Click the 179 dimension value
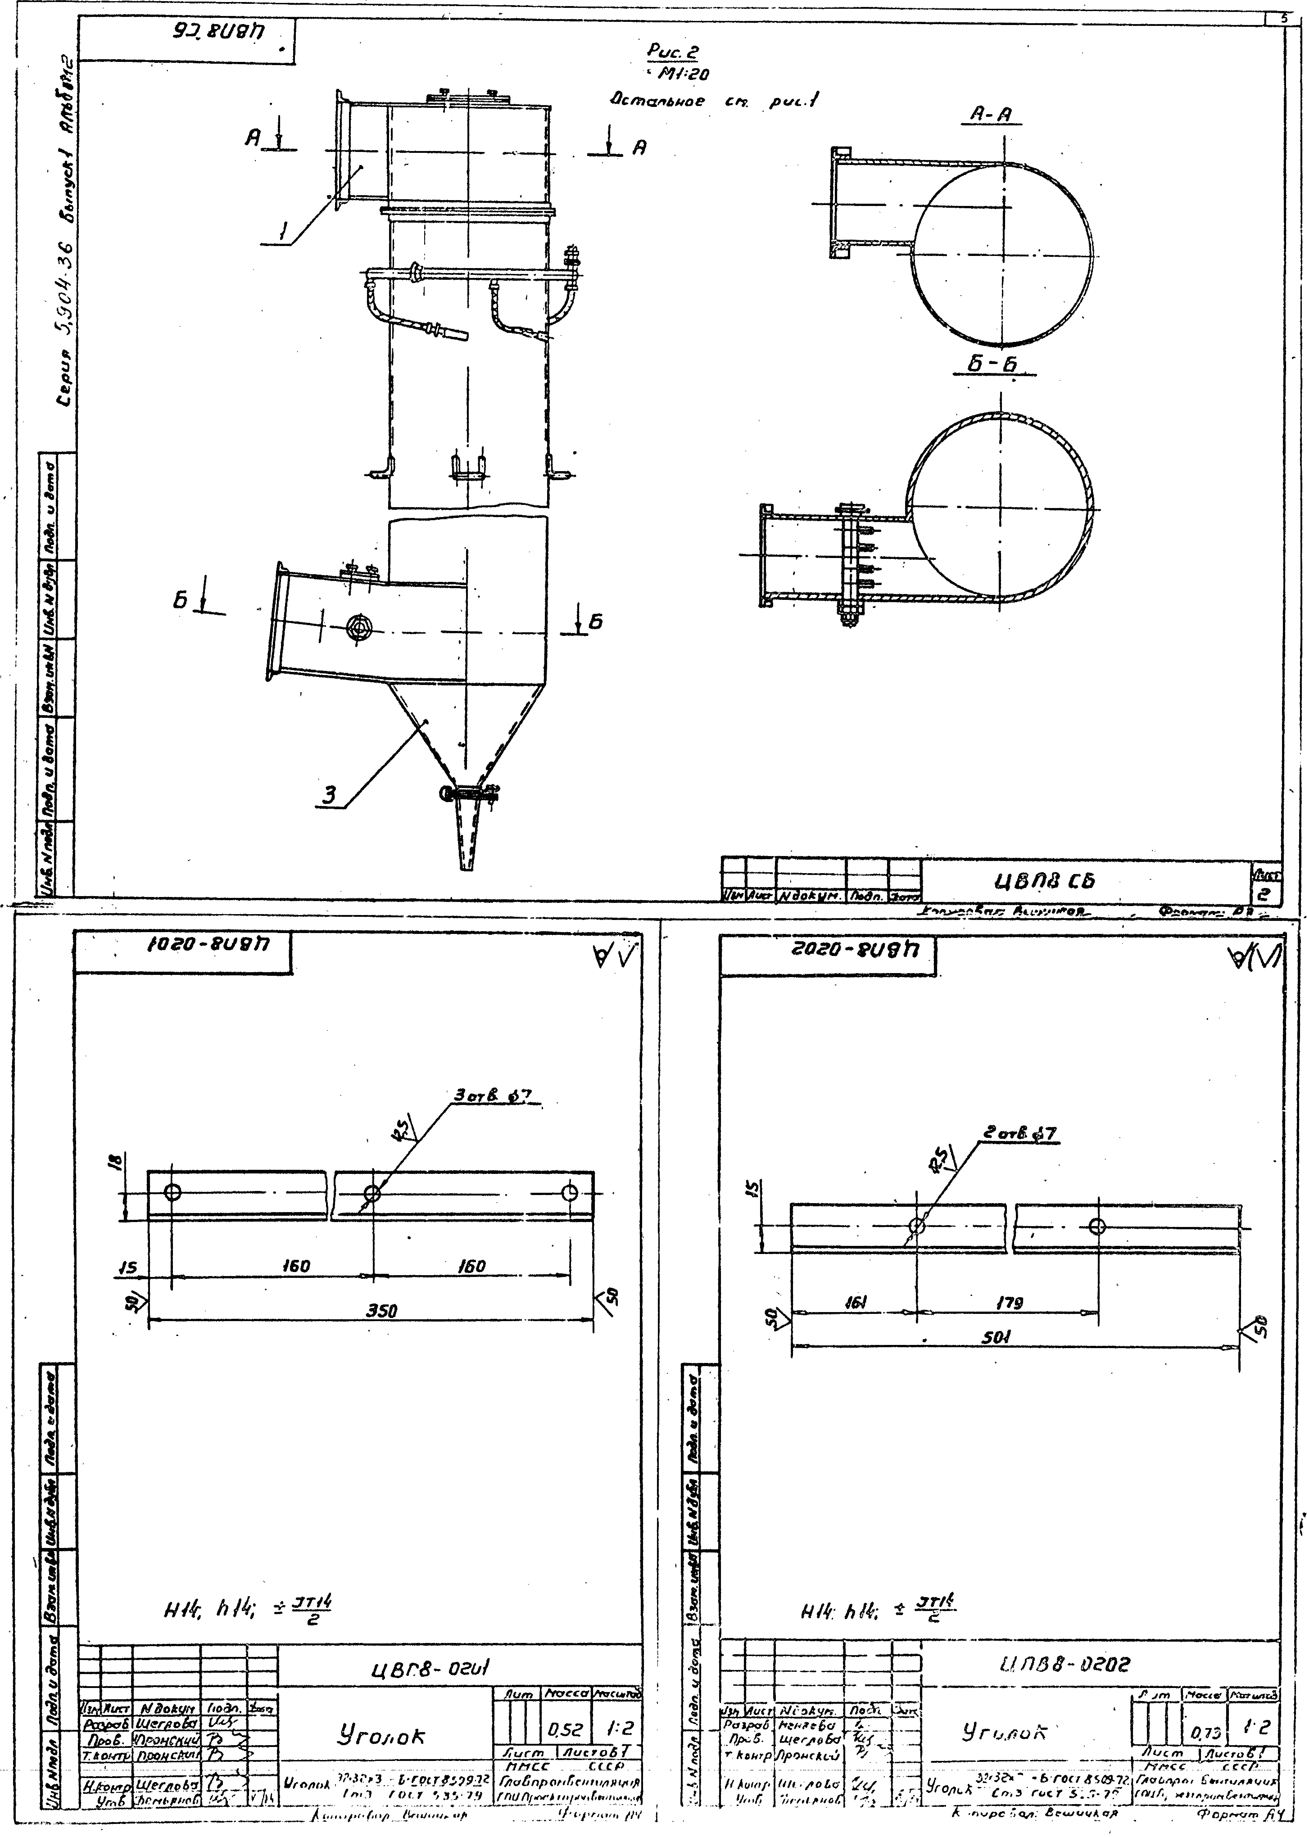[1008, 1302]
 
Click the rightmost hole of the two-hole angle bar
[1096, 1226]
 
